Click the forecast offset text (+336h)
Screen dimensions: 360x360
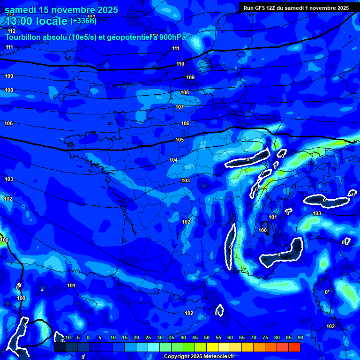(83, 21)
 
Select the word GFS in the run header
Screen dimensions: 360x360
(260, 8)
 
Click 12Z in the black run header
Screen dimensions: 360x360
(272, 8)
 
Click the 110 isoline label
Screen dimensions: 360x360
(180, 64)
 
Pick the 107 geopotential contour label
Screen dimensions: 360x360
(180, 107)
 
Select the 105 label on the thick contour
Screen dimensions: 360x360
(180, 140)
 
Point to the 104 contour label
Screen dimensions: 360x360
(173, 160)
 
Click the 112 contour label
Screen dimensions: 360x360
(12, 31)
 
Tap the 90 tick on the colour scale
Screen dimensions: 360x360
(300, 337)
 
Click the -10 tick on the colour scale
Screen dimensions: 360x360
(67, 337)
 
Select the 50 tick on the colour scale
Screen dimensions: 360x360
(206, 337)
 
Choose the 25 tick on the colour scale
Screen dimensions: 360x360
(148, 337)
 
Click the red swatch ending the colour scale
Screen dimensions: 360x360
(294, 347)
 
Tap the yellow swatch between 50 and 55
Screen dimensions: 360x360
(212, 347)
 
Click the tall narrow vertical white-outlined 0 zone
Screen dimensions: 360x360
(230, 246)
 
